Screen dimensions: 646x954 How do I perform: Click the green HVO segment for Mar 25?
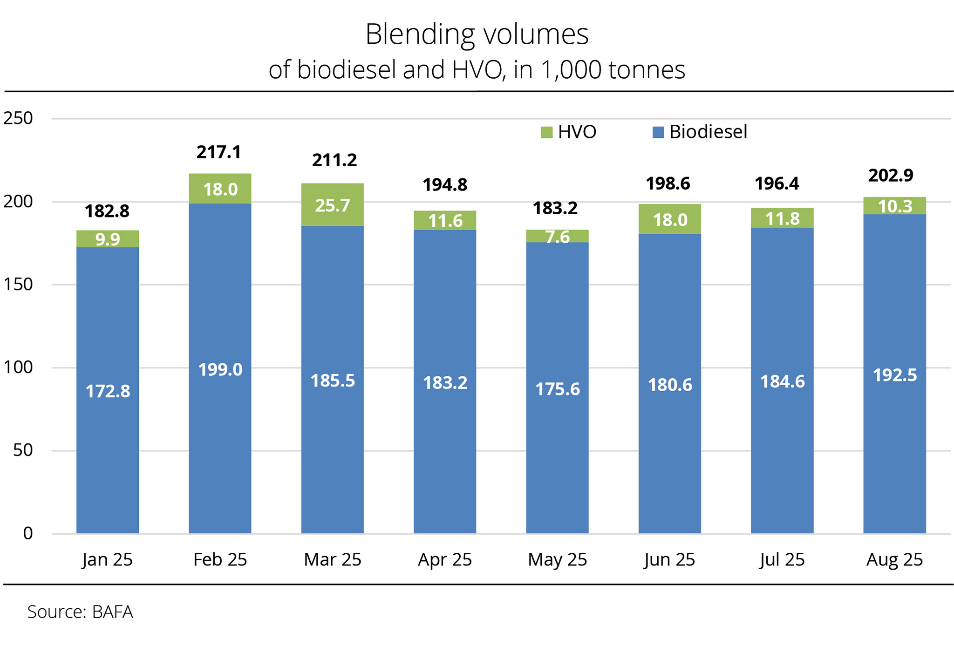click(332, 205)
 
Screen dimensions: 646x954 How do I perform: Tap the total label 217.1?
click(218, 152)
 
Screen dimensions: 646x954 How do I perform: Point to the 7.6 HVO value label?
click(558, 237)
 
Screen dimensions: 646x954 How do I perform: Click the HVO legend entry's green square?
click(546, 132)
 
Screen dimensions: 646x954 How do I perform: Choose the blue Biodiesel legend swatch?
click(658, 132)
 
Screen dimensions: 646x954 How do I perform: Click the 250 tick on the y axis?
click(18, 118)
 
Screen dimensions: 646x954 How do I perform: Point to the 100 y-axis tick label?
click(18, 367)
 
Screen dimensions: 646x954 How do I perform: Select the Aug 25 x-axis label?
click(894, 559)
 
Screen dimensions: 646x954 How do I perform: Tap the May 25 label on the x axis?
click(557, 559)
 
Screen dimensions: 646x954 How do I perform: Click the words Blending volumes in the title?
click(477, 34)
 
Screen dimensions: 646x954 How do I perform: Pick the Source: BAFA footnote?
click(80, 612)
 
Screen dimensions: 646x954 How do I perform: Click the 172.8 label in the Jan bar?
click(108, 391)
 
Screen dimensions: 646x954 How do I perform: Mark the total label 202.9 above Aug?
click(891, 175)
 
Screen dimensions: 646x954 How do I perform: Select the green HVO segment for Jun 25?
click(669, 219)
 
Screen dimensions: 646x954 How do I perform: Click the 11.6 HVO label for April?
click(445, 221)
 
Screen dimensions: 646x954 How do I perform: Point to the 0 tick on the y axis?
click(28, 533)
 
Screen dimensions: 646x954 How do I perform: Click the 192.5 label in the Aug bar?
click(894, 375)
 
